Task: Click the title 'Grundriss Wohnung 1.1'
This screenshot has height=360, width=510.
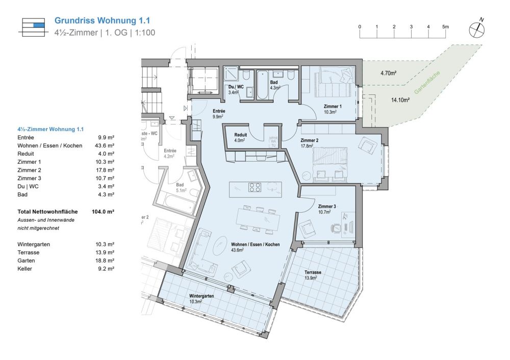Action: tap(102, 21)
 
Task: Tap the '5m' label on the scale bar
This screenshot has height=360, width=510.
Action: tap(445, 27)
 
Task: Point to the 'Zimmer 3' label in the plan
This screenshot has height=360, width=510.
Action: tap(327, 207)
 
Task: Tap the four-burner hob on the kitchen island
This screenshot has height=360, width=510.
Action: tap(256, 187)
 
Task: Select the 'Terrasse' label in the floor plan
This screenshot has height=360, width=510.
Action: tap(313, 272)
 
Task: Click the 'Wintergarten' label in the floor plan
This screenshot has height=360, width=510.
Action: tap(201, 296)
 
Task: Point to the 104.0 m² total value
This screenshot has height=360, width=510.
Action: tap(103, 211)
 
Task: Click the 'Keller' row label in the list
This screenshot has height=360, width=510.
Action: tap(24, 268)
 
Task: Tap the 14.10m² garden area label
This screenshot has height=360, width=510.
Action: tap(400, 100)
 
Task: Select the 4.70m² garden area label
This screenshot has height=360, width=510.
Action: tap(388, 73)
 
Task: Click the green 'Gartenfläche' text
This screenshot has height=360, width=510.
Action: tap(425, 83)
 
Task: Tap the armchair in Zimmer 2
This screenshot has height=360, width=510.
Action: tap(367, 145)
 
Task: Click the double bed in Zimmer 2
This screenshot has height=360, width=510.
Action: tap(330, 162)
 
